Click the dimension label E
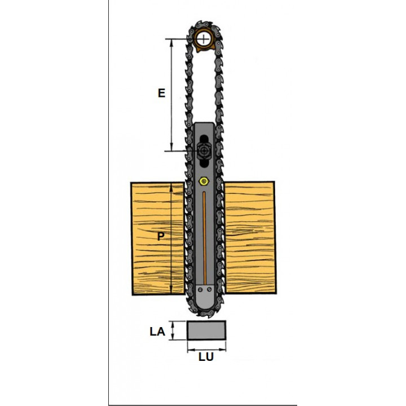162,92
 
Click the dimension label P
161,236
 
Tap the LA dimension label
157,332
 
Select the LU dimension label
206,357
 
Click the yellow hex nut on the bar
204,181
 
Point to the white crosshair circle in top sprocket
204,39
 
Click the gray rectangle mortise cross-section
206,330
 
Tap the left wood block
157,239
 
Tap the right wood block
250,238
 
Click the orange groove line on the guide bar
204,238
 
